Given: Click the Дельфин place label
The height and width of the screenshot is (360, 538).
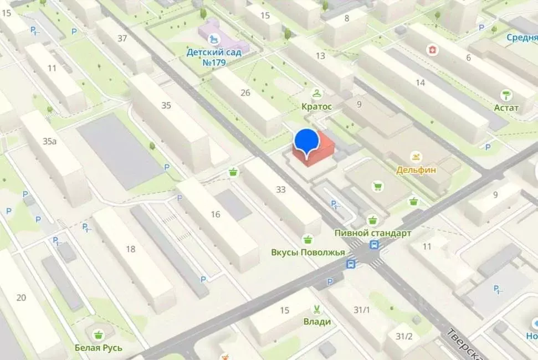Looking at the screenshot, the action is pyautogui.click(x=416, y=170).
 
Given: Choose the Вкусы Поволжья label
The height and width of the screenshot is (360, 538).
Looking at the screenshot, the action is pyautogui.click(x=308, y=252).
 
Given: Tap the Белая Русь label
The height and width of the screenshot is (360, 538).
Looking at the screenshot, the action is pyautogui.click(x=99, y=348).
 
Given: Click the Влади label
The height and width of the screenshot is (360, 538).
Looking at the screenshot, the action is pyautogui.click(x=317, y=321).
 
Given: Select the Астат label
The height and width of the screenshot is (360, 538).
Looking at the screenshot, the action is pyautogui.click(x=506, y=107).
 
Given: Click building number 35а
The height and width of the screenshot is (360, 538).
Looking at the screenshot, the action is pyautogui.click(x=50, y=141).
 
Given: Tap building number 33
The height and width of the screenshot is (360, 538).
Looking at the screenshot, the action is pyautogui.click(x=281, y=189).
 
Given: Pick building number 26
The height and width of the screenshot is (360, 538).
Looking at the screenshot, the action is pyautogui.click(x=245, y=92).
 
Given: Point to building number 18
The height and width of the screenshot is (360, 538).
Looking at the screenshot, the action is pyautogui.click(x=131, y=249).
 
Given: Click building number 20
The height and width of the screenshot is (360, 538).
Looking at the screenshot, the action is pyautogui.click(x=21, y=298).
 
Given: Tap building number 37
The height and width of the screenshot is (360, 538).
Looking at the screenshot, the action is pyautogui.click(x=122, y=39).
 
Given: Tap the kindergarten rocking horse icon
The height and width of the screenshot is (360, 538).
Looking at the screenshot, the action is pyautogui.click(x=214, y=39).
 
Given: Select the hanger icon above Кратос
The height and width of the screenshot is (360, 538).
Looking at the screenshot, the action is pyautogui.click(x=316, y=93).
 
